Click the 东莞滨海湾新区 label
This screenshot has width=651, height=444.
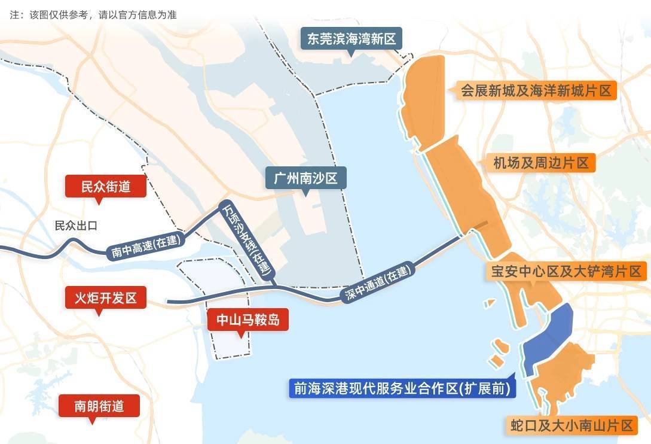point(351,39)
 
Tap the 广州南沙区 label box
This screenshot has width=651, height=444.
point(305,178)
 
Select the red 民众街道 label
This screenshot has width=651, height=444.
point(106,187)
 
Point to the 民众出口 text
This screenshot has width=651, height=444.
point(75,226)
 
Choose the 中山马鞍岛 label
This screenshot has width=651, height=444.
point(247,320)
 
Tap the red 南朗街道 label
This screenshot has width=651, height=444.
point(99,406)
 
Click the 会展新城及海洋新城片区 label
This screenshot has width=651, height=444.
point(536,92)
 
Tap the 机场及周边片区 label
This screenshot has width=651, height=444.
point(541,163)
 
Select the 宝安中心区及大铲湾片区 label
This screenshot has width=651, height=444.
point(566,271)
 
